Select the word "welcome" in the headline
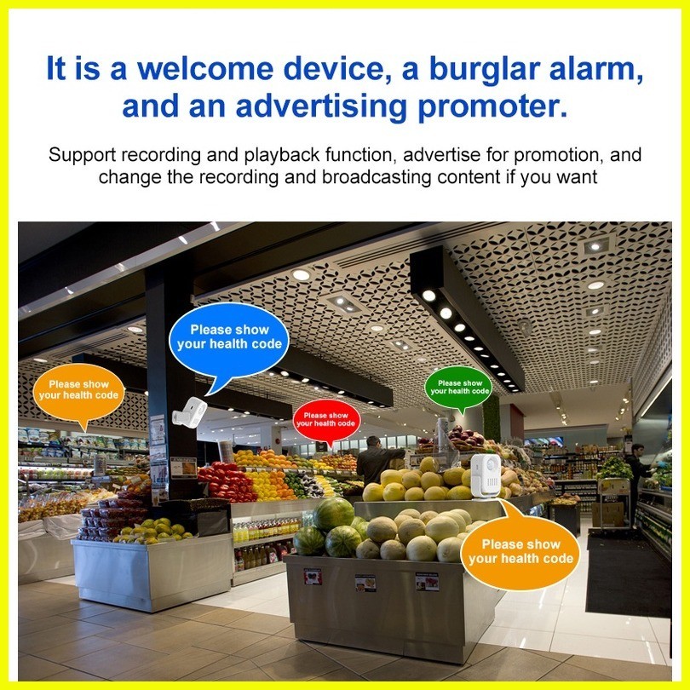point(205,69)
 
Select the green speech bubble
point(458,388)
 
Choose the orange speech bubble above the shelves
point(78,393)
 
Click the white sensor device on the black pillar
point(190,411)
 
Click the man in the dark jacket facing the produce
point(377,460)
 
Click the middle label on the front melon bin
point(365,582)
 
